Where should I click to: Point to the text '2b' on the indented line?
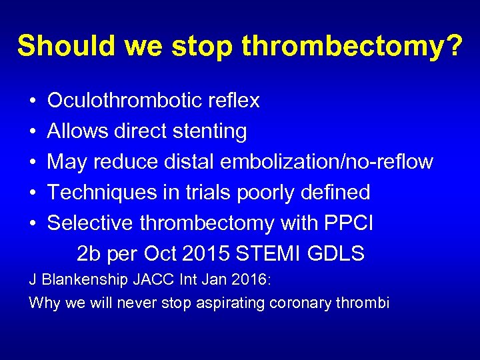(x=87, y=254)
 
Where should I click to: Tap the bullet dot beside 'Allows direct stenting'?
(x=33, y=132)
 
